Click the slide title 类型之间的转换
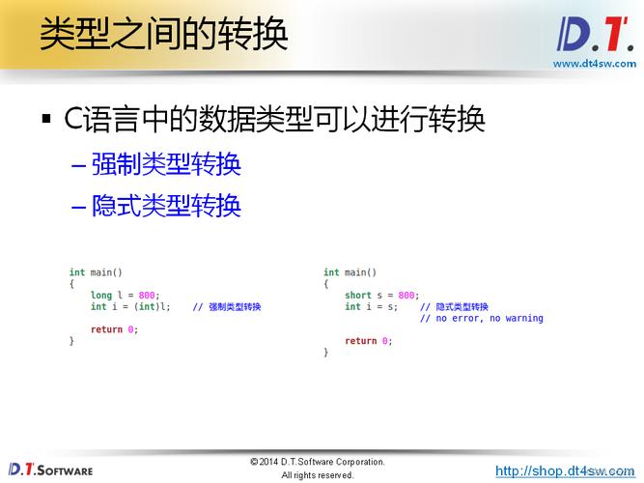point(163,35)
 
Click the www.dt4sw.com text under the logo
point(594,64)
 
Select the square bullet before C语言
point(45,121)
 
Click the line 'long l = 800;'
point(126,296)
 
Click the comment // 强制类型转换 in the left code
point(227,307)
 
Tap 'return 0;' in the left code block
point(114,329)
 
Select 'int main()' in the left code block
point(96,272)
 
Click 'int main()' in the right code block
point(350,272)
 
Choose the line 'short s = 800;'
point(381,296)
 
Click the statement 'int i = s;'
point(371,307)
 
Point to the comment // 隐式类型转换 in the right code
point(454,307)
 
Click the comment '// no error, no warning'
point(481,319)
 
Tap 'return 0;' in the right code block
point(368,341)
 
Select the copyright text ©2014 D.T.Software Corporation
point(317,462)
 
